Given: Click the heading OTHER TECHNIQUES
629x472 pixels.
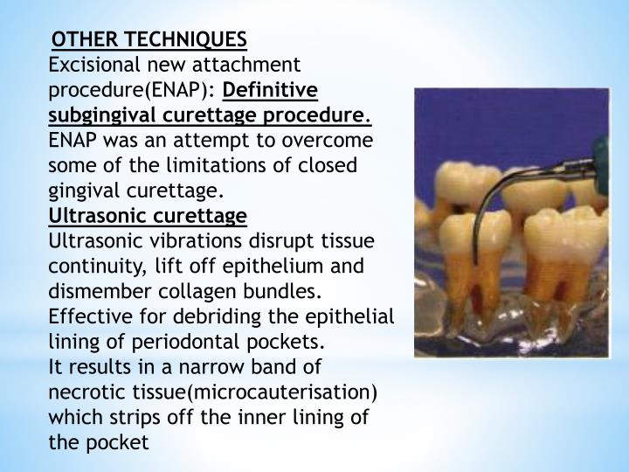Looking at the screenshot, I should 149,40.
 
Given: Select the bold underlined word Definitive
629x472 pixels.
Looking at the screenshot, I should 271,90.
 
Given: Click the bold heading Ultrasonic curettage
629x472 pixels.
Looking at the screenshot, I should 149,216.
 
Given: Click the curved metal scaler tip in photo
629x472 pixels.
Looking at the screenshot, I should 479,205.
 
